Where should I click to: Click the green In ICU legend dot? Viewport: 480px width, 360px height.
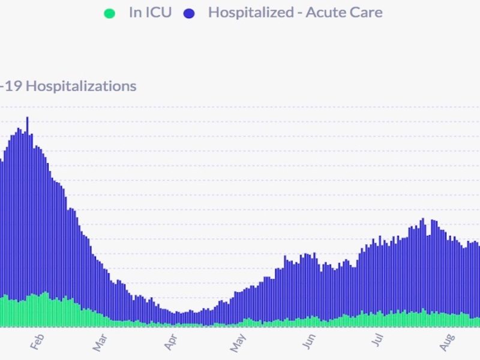pyautogui.click(x=109, y=13)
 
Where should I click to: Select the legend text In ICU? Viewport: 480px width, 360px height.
pyautogui.click(x=150, y=13)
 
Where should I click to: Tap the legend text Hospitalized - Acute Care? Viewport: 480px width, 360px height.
pyautogui.click(x=295, y=13)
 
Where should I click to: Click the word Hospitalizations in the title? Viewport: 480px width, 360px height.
pyautogui.click(x=81, y=86)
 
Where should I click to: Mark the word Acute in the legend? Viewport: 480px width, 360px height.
pyautogui.click(x=325, y=13)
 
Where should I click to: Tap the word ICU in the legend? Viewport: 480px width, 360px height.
pyautogui.click(x=158, y=13)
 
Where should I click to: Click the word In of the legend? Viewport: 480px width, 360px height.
pyautogui.click(x=134, y=13)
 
